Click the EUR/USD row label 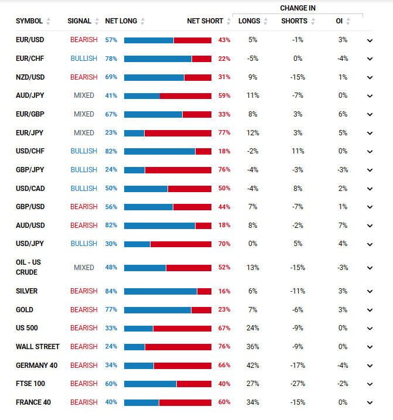(x=30, y=40)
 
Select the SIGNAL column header (x=79, y=21)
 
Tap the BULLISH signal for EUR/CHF (x=84, y=59)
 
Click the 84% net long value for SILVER (x=111, y=291)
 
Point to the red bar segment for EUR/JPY (x=177, y=133)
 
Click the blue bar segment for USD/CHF (x=159, y=151)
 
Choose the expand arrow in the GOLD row (x=370, y=310)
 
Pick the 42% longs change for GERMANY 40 (x=253, y=366)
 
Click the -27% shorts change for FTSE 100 (x=298, y=384)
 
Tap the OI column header (x=339, y=21)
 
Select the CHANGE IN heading (x=298, y=8)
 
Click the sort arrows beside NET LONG (x=143, y=22)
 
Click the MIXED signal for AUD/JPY (x=84, y=95)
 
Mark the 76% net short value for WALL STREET (x=224, y=347)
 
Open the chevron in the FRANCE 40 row (x=370, y=402)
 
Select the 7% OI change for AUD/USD (x=343, y=226)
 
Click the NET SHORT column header (x=205, y=21)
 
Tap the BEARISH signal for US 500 (x=84, y=328)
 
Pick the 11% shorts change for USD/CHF (x=298, y=151)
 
